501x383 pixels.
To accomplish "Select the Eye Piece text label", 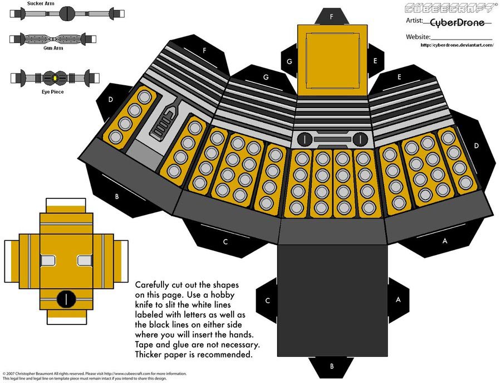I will tap(37, 91).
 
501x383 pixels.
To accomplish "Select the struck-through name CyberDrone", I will tap(457, 22).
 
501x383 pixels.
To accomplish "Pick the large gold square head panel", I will tap(332, 60).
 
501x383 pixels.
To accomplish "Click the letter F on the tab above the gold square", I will tap(332, 17).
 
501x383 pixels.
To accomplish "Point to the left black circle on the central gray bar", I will tap(304, 138).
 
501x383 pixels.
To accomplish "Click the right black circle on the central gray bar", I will tap(360, 138).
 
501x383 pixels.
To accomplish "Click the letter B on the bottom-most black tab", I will tap(332, 366).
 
